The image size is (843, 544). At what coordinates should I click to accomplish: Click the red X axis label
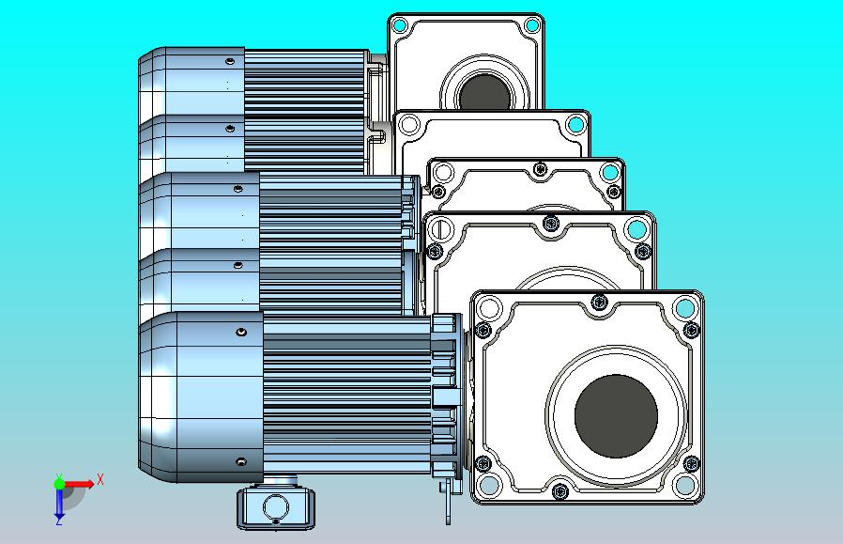tap(100, 479)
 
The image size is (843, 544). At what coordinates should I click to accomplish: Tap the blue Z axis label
tap(59, 521)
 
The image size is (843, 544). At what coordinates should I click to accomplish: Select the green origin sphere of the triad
tap(59, 484)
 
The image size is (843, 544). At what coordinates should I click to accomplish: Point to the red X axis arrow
tap(79, 484)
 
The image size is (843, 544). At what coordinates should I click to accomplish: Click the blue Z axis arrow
tap(59, 504)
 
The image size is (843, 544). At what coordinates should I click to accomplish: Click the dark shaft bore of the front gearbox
tap(616, 416)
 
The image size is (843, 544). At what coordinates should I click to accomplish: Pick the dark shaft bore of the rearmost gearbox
tap(485, 91)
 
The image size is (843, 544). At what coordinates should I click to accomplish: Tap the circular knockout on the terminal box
tap(275, 507)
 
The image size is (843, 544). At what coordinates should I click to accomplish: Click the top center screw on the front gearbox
tap(600, 302)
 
